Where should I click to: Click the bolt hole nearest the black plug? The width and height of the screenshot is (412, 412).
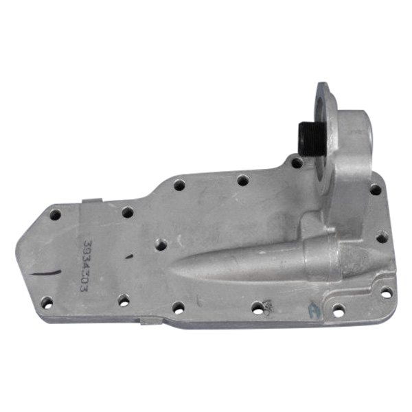click(296, 163)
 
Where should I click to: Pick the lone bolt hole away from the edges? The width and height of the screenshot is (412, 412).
click(160, 243)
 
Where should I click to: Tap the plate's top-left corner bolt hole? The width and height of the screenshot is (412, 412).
click(56, 215)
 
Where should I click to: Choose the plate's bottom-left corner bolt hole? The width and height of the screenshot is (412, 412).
click(47, 302)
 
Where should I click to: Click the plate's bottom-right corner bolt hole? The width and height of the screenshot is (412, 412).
click(387, 292)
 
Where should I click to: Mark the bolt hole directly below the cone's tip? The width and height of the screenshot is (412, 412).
click(177, 307)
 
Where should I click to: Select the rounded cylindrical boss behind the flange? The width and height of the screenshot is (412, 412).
click(358, 130)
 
